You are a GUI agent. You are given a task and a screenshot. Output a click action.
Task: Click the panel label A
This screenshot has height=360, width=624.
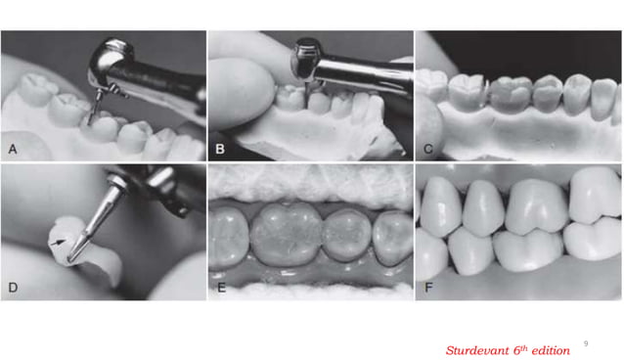(x=13, y=150)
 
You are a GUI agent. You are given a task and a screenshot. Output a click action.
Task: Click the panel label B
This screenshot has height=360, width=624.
(x=221, y=150)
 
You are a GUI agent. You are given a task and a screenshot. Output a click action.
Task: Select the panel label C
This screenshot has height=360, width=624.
(x=428, y=150)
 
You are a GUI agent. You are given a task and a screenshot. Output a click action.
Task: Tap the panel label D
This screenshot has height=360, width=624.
(x=13, y=288)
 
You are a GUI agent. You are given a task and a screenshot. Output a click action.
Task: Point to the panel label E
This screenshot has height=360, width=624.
(x=221, y=288)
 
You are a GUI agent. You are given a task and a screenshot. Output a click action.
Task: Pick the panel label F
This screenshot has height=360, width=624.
(x=428, y=288)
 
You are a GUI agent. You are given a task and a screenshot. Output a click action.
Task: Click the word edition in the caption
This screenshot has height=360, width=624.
(x=548, y=349)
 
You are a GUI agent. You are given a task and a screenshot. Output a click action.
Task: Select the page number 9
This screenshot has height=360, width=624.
(x=586, y=342)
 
